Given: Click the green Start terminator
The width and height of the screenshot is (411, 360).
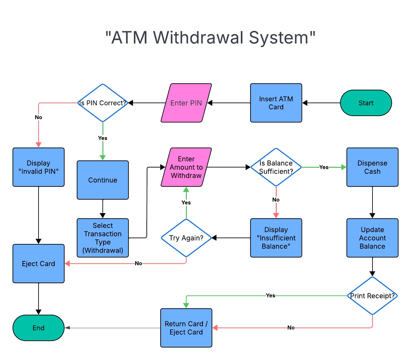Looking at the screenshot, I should point(366,103).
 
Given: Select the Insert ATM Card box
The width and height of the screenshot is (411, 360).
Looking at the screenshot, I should point(276,103).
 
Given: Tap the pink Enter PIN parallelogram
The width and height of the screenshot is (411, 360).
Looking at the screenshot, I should point(186,103).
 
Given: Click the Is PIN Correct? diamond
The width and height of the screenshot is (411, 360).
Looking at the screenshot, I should point(103,103).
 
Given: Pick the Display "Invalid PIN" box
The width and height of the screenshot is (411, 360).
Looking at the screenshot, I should point(39,167).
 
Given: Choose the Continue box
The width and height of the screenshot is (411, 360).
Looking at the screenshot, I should point(103,180).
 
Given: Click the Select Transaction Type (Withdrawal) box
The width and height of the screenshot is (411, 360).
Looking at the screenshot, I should point(103,238).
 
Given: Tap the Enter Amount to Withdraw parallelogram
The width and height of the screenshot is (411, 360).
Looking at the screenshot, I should point(186,167).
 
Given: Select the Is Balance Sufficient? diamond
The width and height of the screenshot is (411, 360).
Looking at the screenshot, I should point(276,167).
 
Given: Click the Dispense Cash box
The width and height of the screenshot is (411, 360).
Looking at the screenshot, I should point(372,167).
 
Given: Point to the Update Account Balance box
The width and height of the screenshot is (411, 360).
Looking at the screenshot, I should point(372,238).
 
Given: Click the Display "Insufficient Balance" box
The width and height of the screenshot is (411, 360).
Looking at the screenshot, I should point(276,238).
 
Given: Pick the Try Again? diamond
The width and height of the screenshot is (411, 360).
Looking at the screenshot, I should point(186,238).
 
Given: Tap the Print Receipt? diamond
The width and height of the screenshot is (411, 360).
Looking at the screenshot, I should point(372,296).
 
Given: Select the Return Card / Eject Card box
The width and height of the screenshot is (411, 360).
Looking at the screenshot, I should point(186,328).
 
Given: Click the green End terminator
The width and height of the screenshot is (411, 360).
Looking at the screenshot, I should point(39,328).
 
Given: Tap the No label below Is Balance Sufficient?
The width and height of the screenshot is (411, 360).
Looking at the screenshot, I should point(276,200).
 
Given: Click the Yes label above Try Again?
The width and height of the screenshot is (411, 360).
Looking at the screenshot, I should point(186,203).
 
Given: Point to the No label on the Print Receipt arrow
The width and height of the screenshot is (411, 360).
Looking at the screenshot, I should point(291,328).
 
